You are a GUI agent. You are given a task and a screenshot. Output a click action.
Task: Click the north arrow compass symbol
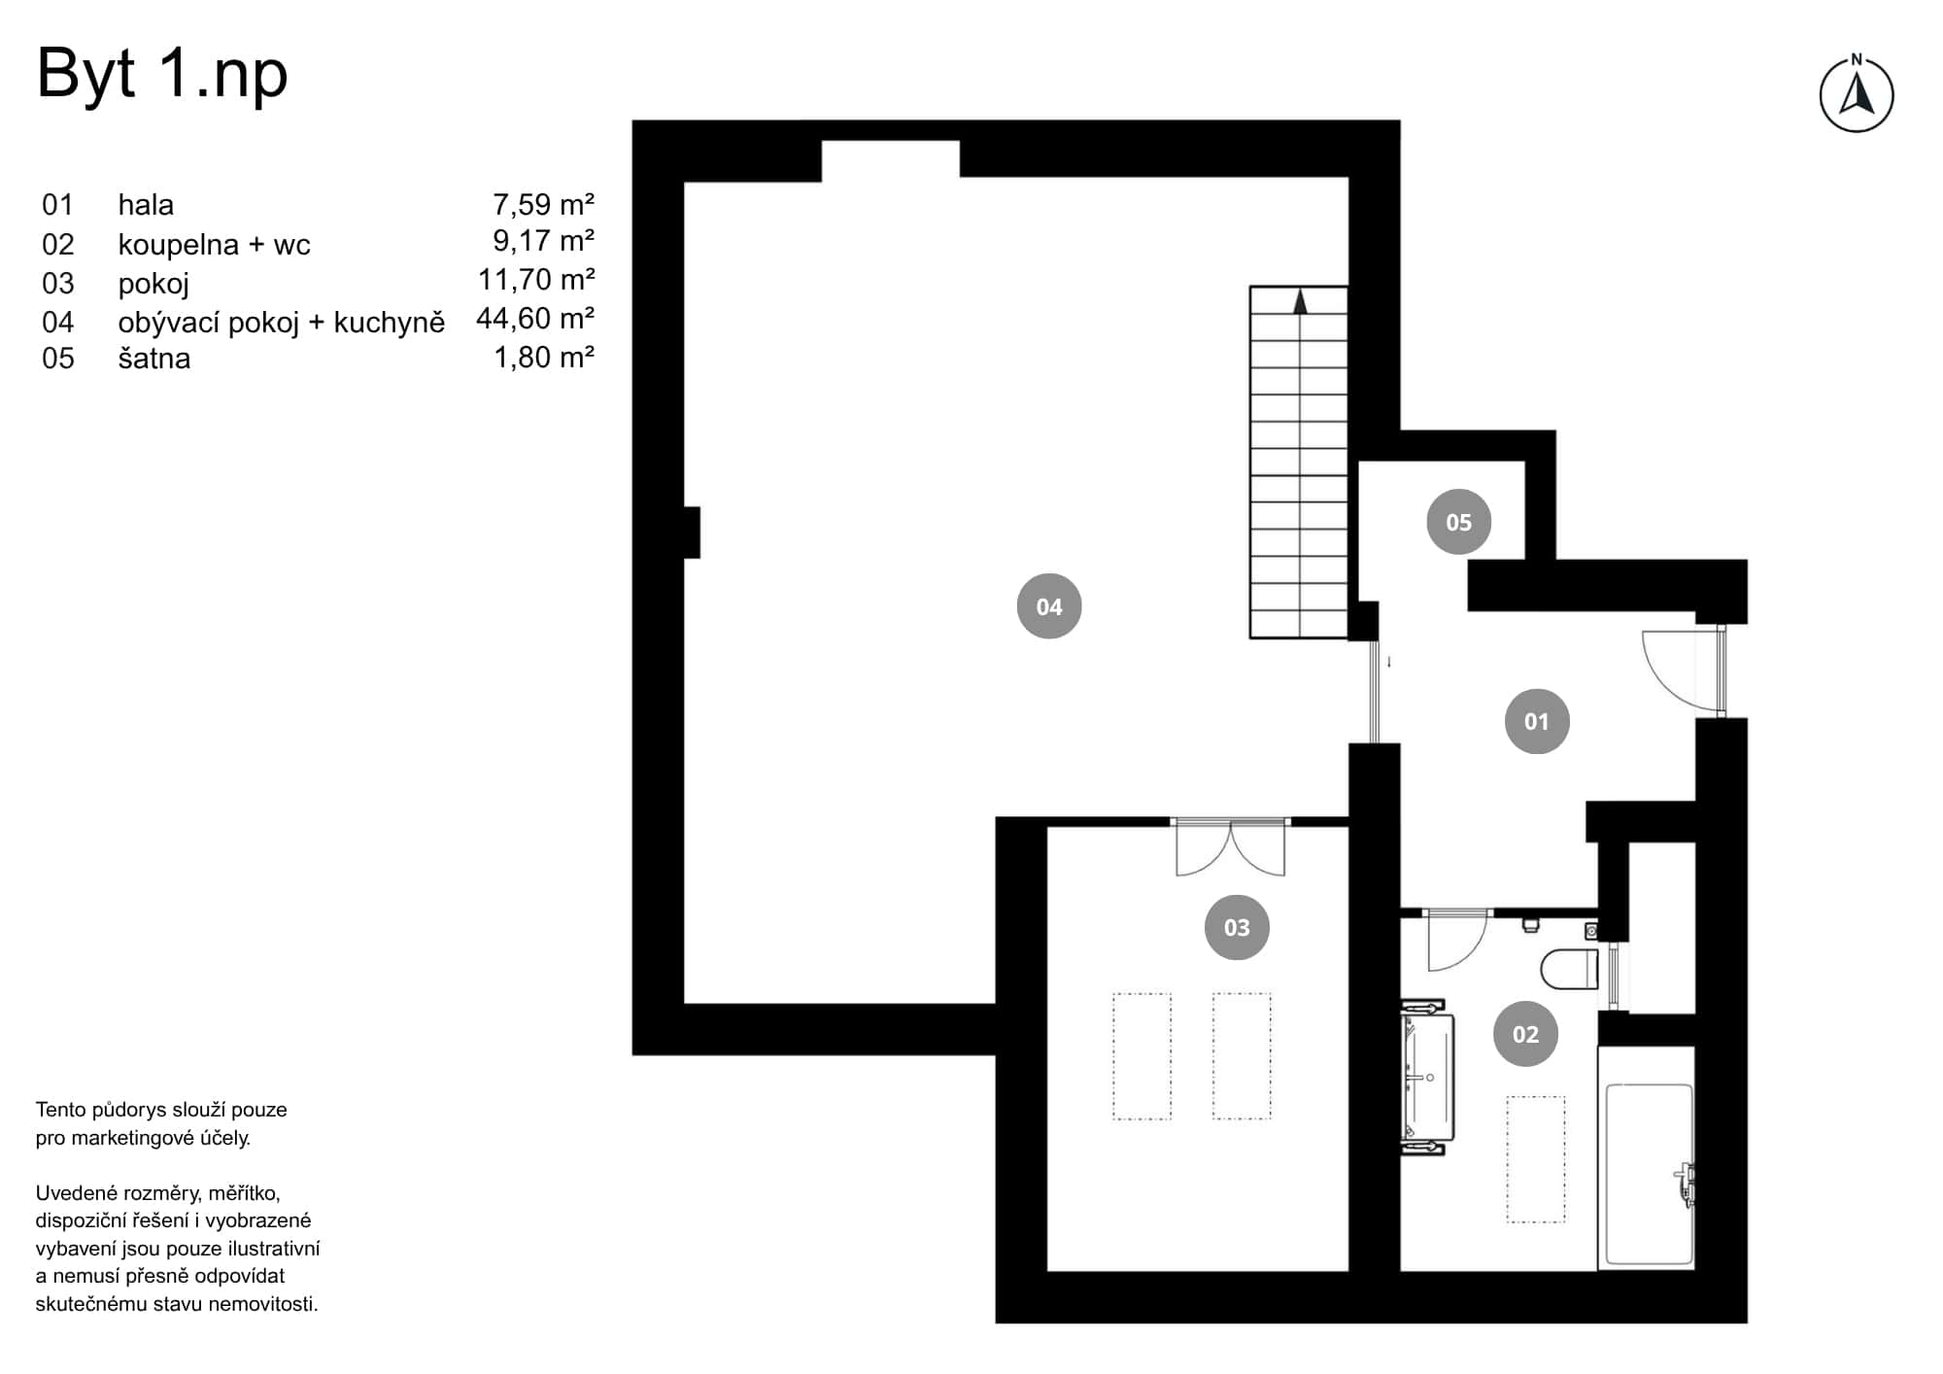click(1856, 95)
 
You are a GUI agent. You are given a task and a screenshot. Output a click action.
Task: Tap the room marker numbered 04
click(1048, 606)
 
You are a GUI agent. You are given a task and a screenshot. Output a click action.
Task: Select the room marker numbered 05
click(1458, 522)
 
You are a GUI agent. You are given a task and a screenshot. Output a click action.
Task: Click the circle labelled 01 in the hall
click(1536, 721)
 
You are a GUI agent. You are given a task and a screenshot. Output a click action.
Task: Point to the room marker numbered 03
click(1236, 927)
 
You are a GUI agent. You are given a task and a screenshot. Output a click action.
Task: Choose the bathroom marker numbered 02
click(1524, 1034)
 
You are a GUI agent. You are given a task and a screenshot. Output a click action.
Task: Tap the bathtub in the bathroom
click(1649, 1173)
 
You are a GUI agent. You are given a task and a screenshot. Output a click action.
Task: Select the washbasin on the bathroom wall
click(1426, 1078)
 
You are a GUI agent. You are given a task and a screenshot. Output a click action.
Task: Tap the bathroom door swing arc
click(1456, 940)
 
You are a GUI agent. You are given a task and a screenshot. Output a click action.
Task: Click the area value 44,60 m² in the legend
click(534, 319)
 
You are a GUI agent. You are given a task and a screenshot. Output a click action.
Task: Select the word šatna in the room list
click(153, 359)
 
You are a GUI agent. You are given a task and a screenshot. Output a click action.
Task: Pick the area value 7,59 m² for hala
click(542, 204)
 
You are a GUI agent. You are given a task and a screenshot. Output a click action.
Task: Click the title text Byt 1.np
click(162, 74)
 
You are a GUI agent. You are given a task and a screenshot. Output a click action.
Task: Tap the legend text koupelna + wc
click(214, 244)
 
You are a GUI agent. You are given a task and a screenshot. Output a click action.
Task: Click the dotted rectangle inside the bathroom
click(1535, 1158)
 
